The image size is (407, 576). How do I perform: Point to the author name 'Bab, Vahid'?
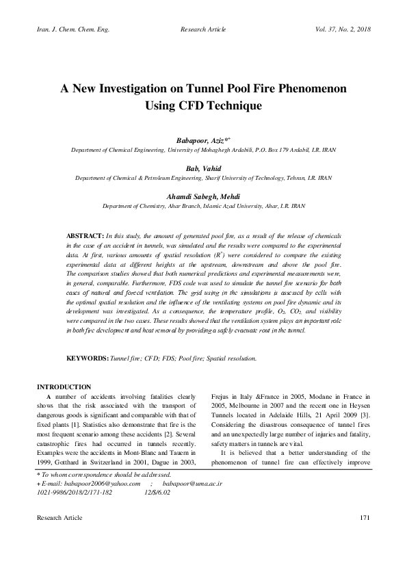tap(202, 168)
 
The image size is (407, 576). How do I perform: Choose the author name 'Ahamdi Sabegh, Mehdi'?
tap(202, 196)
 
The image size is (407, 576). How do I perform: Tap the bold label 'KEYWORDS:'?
tap(86, 358)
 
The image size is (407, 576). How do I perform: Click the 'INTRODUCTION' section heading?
tap(64, 387)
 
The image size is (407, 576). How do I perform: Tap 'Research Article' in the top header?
tap(203, 31)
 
